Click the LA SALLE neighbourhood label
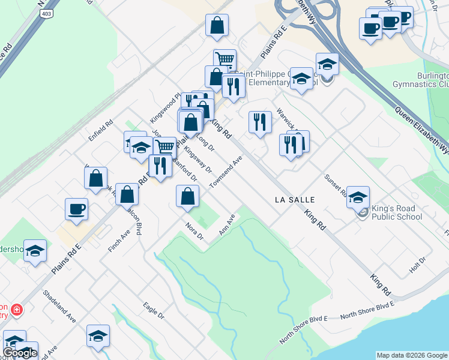click(295, 199)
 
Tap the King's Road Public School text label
click(397, 212)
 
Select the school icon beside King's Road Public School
click(358, 197)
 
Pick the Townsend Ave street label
click(226, 172)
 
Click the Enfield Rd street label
click(100, 131)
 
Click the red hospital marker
click(17, 310)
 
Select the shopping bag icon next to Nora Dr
click(187, 197)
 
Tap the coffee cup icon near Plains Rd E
click(76, 209)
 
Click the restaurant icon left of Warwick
click(260, 122)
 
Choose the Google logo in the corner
click(20, 353)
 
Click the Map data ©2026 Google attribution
click(412, 355)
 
